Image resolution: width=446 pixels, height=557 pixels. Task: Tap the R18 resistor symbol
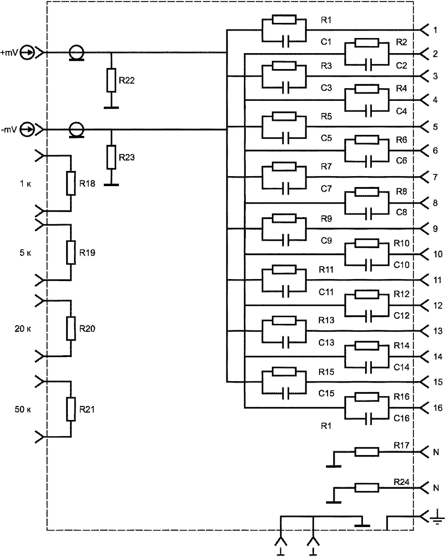[x=71, y=183]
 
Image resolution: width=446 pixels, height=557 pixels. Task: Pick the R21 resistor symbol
[x=71, y=409]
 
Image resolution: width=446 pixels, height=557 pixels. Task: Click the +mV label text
[x=9, y=53]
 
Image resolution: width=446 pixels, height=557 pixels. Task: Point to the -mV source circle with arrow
[x=28, y=130]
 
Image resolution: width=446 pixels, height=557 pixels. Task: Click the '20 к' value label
[x=23, y=329]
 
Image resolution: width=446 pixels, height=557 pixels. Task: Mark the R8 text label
[x=401, y=192]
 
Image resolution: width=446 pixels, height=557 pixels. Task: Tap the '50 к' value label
[x=23, y=410]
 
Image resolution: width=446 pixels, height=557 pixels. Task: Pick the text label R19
[x=87, y=253]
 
